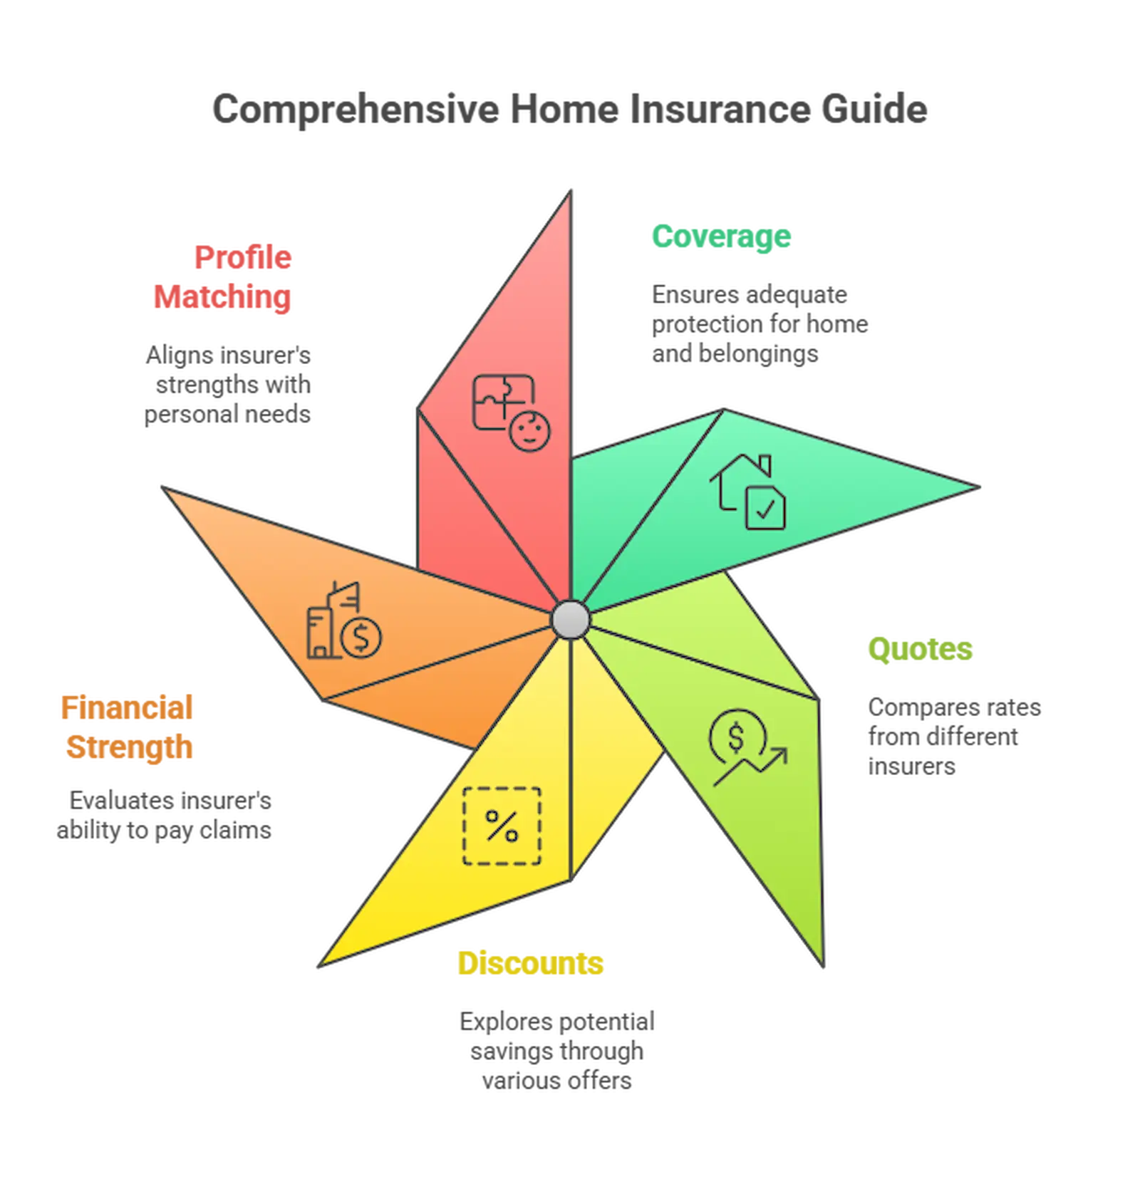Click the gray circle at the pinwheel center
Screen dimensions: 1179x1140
pyautogui.click(x=570, y=619)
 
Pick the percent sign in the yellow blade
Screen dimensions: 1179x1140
pyautogui.click(x=502, y=826)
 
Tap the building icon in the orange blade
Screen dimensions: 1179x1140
pyautogui.click(x=326, y=620)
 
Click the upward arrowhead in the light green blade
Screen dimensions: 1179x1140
pyautogui.click(x=779, y=754)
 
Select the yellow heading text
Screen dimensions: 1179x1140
pyautogui.click(x=532, y=963)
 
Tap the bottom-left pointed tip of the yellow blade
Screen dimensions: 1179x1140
pyautogui.click(x=324, y=962)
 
